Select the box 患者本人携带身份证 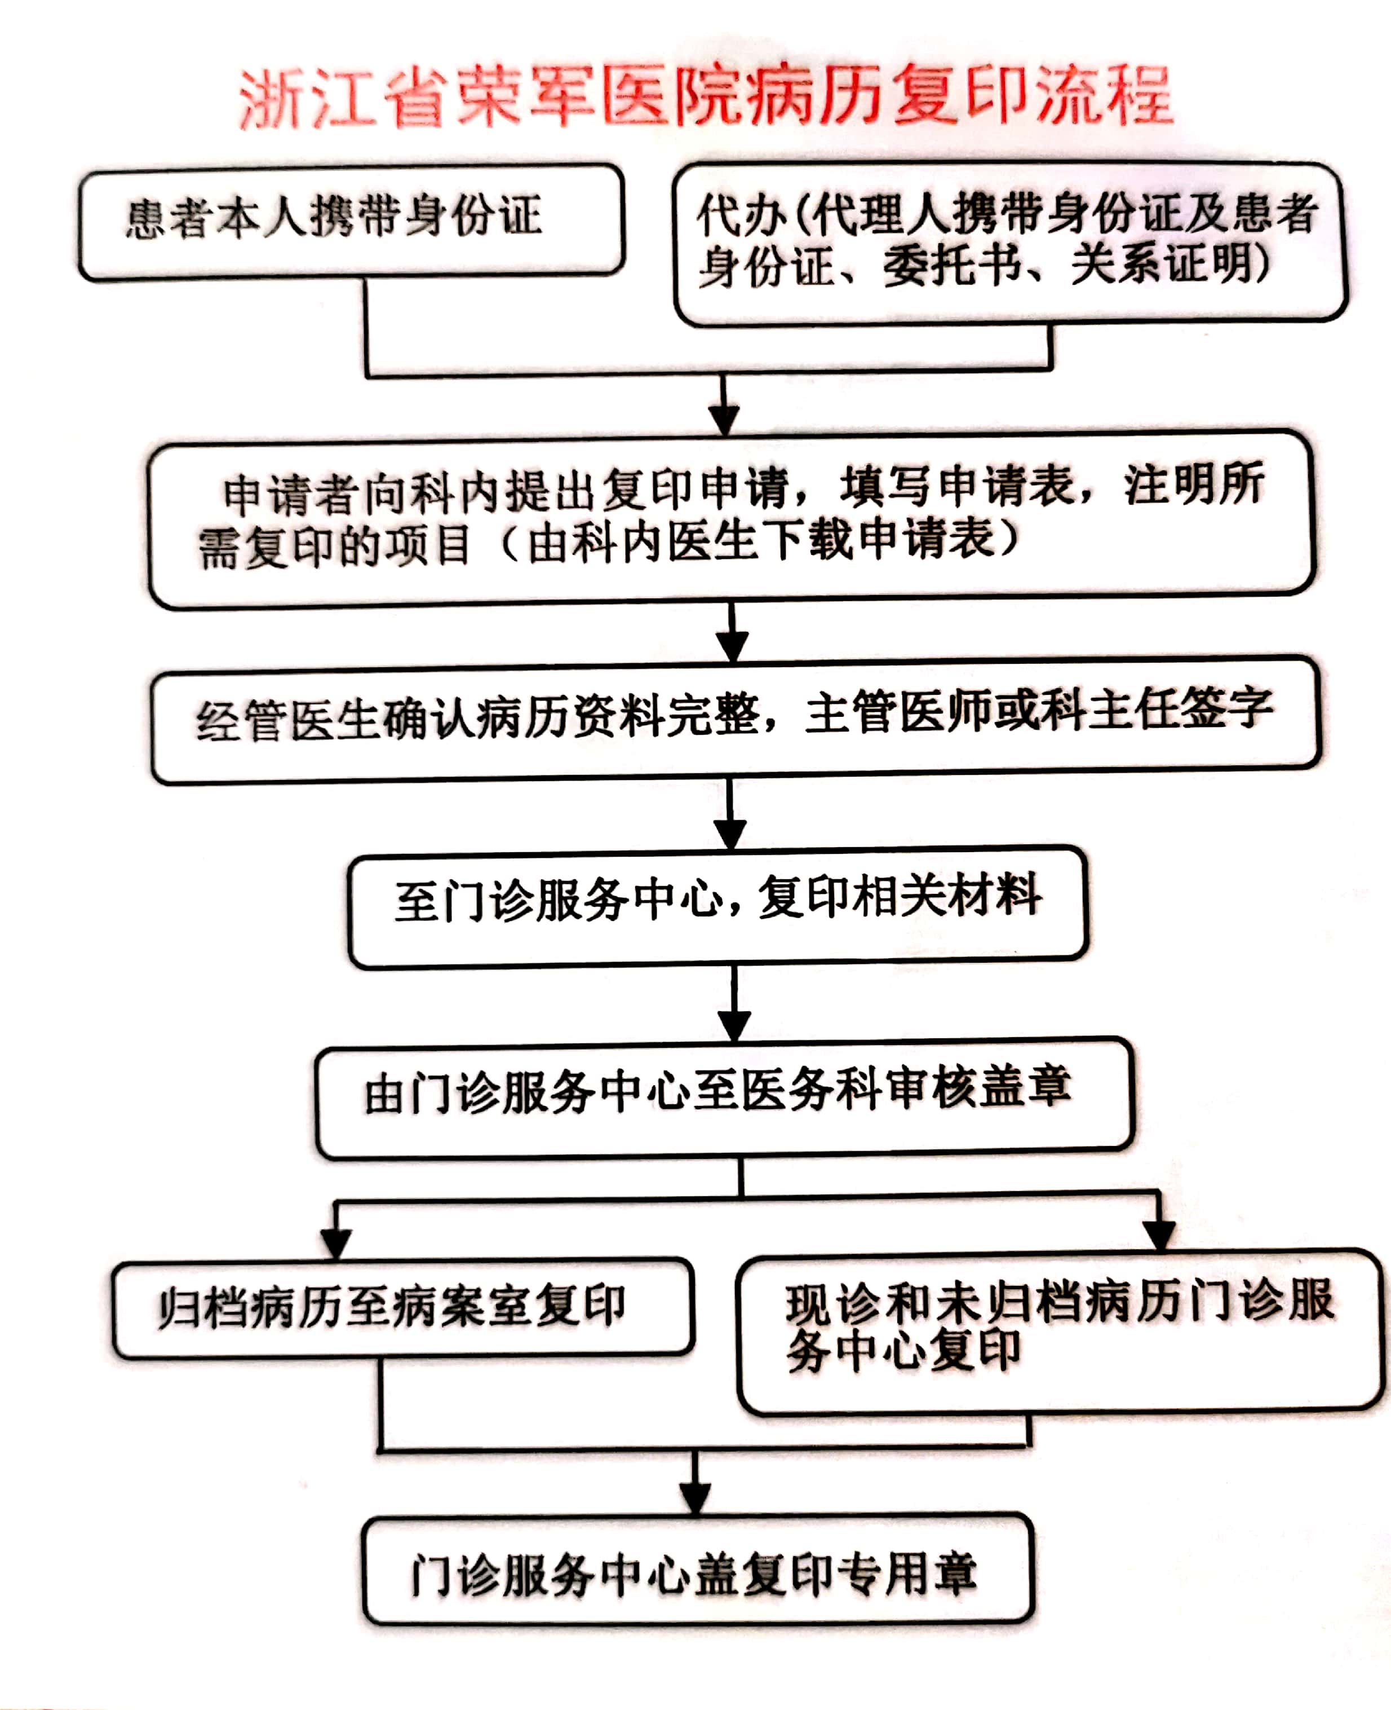pos(351,222)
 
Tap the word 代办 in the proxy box pos(741,215)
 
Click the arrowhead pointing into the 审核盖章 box pos(733,1025)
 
